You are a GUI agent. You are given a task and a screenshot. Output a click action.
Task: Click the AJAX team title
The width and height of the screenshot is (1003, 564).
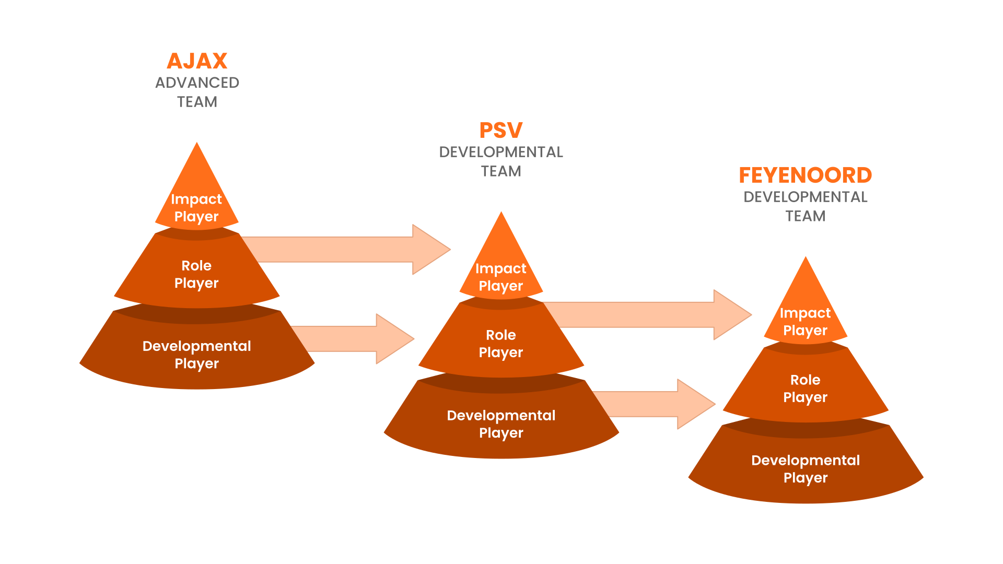coord(197,61)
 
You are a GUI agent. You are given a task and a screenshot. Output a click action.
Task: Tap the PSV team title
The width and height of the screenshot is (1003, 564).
coord(501,131)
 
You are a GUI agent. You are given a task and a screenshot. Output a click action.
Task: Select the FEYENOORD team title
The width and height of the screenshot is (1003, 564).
coord(805,175)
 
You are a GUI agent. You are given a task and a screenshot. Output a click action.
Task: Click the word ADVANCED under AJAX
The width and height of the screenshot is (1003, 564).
coord(197,83)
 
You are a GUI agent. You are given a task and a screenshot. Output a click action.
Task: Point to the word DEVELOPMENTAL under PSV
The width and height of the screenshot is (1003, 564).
coord(501,152)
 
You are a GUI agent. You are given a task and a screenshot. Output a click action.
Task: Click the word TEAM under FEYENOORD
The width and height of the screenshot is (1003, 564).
coord(805,216)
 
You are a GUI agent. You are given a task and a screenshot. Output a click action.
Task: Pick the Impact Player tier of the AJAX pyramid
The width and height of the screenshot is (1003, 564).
coord(196,207)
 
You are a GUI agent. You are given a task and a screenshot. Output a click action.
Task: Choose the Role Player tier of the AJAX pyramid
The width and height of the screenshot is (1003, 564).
coord(196,274)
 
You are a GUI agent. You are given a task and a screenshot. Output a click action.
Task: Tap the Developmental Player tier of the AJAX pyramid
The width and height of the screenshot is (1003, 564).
coord(196,355)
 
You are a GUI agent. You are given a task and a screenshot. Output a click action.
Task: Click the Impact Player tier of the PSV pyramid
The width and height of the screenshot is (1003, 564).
coord(501,277)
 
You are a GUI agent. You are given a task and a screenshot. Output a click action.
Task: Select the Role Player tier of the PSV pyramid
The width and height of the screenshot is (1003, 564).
coord(501,344)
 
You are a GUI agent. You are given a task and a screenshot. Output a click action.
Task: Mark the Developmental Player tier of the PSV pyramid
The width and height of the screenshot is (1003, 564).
coord(501,424)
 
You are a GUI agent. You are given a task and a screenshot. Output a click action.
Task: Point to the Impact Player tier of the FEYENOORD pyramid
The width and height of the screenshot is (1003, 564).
coord(805,322)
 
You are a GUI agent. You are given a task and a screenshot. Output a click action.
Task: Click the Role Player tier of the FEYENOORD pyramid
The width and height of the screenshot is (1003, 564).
coord(805,389)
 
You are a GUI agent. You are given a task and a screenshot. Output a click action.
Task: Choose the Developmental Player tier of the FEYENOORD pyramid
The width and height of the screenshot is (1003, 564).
coord(805,469)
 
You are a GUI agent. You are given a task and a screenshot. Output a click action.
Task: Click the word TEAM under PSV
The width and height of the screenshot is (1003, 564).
coord(501,171)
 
